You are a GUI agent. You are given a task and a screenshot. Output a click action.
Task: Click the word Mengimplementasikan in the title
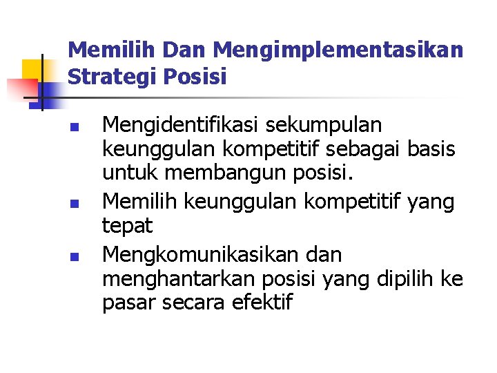pos(338,50)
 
